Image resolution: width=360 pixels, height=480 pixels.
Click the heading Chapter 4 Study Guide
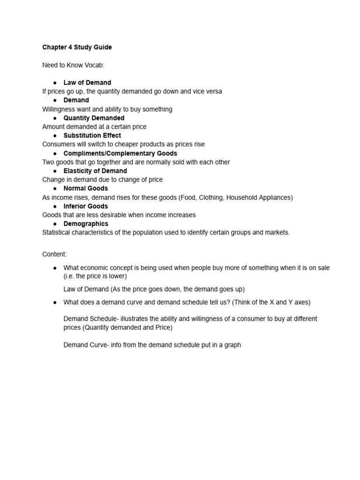click(77, 47)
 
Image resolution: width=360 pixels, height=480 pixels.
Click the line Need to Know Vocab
click(73, 65)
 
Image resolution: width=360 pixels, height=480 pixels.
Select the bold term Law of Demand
click(87, 82)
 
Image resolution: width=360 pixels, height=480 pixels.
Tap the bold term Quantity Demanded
click(94, 118)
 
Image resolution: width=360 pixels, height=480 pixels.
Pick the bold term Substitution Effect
click(92, 135)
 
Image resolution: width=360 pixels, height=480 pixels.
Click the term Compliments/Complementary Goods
click(120, 153)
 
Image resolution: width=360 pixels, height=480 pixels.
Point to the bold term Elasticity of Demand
click(95, 171)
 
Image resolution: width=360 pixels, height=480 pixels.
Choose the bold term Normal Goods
click(85, 188)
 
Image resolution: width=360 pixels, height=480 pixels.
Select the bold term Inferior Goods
click(85, 206)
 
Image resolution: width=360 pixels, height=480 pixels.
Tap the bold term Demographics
click(86, 224)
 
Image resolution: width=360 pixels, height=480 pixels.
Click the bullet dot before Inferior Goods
click(55, 206)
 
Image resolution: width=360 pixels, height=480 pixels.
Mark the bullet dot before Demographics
click(55, 224)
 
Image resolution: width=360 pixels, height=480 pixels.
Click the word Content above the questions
click(54, 254)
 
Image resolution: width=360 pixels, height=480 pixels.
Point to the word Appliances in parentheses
click(274, 197)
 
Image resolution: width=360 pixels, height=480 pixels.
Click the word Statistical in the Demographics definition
click(57, 232)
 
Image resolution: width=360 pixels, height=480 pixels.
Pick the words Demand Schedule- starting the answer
click(91, 319)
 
